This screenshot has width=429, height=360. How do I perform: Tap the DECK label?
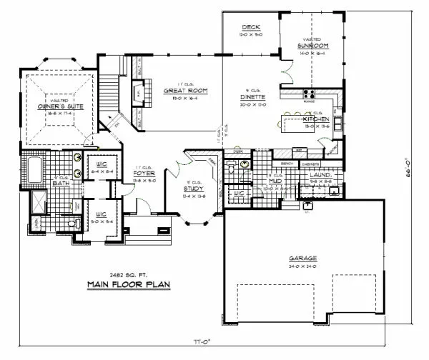tap(250, 26)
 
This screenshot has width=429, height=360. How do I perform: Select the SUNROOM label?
tap(313, 46)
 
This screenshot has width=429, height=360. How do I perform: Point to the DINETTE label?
tap(253, 96)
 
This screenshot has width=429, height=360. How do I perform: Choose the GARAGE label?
tap(303, 258)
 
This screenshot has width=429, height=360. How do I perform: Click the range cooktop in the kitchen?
tap(310, 93)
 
